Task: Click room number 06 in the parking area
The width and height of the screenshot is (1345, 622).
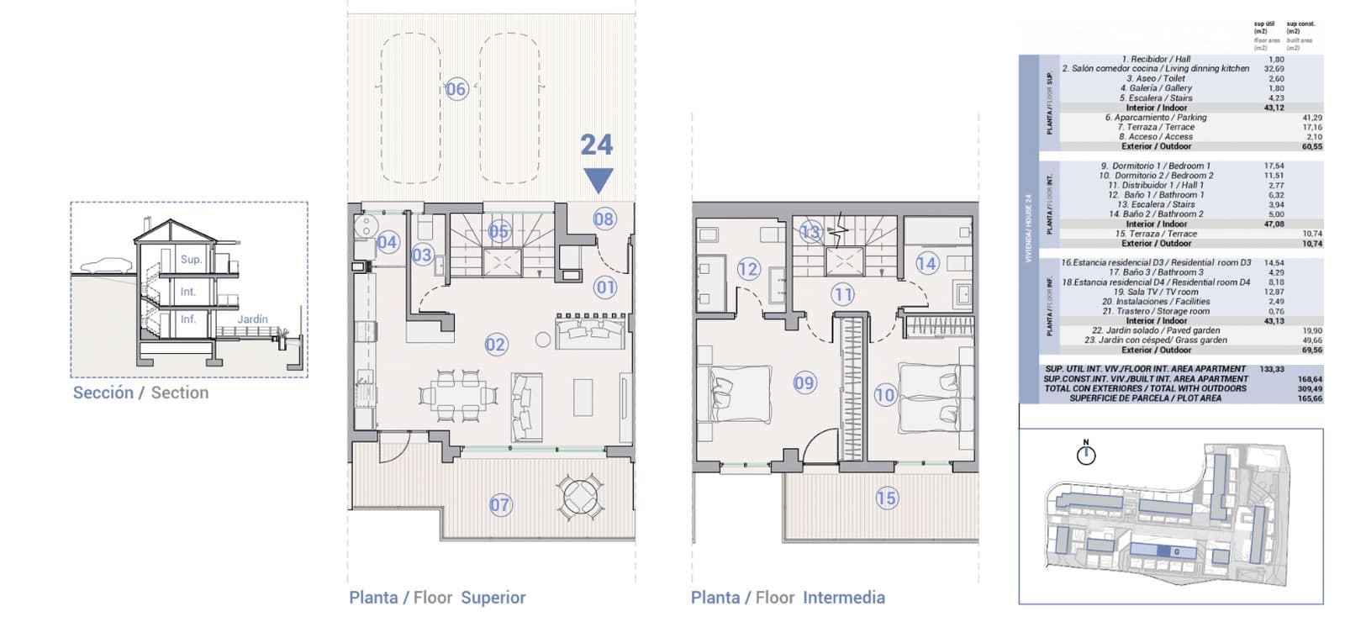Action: (456, 89)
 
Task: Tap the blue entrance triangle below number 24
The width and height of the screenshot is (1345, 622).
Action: (598, 180)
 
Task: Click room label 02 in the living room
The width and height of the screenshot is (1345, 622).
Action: (496, 344)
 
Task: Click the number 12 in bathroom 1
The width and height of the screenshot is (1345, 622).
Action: (748, 269)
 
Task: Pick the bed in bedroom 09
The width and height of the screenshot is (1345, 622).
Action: (741, 393)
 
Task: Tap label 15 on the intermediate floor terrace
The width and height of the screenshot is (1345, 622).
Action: (886, 498)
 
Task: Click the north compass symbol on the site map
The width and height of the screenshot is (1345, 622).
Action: (1086, 455)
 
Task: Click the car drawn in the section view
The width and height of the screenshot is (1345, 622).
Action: (107, 266)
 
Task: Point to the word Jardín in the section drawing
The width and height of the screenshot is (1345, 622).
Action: (252, 319)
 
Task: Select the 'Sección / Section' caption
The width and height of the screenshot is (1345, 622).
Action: (140, 393)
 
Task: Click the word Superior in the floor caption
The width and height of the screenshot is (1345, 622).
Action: (493, 598)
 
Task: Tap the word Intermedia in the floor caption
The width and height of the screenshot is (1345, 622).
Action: (843, 598)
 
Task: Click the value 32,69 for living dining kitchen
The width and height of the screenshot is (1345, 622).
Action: (1274, 69)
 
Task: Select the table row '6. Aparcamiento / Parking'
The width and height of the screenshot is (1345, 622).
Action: (1155, 118)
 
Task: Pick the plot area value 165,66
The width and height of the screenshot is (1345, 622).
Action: (1311, 398)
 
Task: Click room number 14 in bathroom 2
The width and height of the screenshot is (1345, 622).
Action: (926, 263)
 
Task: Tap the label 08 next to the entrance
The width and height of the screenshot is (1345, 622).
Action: (604, 219)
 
